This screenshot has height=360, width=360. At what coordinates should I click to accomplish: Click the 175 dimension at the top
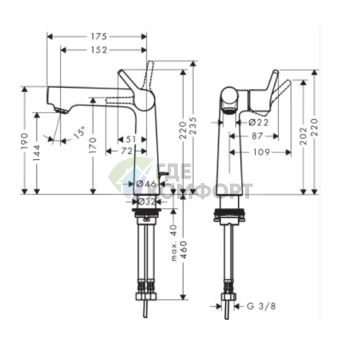click(x=97, y=36)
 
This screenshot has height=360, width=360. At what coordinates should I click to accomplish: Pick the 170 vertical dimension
click(x=92, y=150)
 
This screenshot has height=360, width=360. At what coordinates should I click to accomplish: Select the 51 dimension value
click(x=131, y=138)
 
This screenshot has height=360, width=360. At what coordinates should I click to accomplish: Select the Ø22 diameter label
click(x=249, y=123)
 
